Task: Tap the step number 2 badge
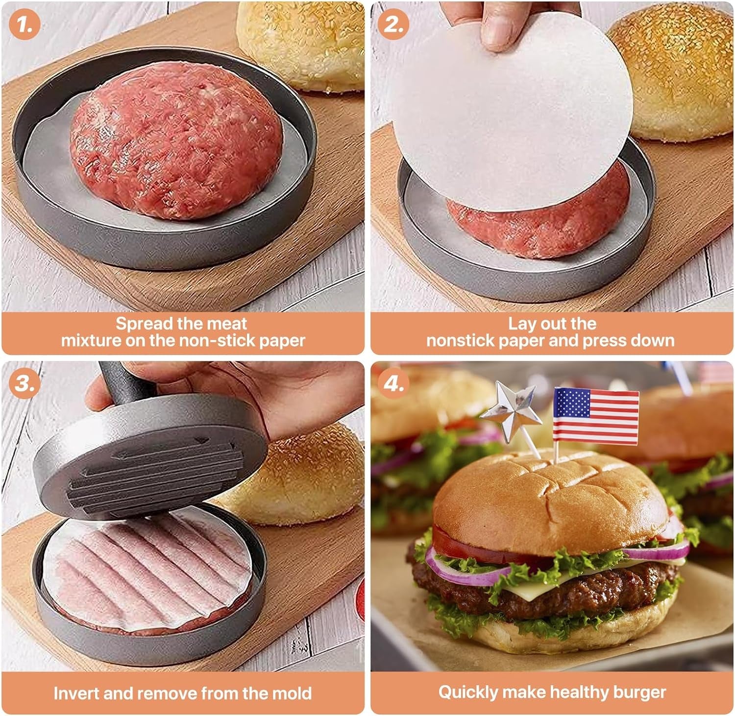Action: click(x=393, y=24)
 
